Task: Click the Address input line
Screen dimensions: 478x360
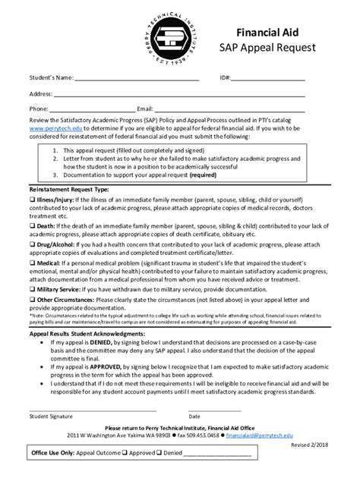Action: (x=178, y=95)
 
